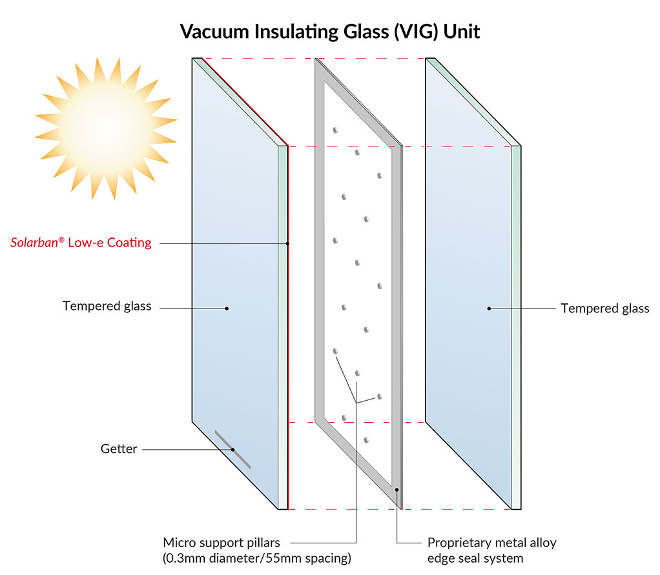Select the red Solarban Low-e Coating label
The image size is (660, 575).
pos(81,243)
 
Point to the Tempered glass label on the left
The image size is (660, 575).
pos(107,306)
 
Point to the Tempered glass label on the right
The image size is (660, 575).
pos(604,308)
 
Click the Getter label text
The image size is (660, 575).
pos(119,449)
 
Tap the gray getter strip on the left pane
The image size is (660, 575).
pos(232,449)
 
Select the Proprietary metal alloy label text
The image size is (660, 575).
pos(491,542)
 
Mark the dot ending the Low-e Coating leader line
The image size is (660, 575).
pos(287,243)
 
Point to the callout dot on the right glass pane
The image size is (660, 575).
pos(489,308)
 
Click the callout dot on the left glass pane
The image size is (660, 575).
pos(227,308)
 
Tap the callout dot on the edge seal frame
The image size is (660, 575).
pos(397,490)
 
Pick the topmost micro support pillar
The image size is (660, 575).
pos(335,130)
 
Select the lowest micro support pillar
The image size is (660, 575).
pos(366,440)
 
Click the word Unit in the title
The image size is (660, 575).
pos(462,32)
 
